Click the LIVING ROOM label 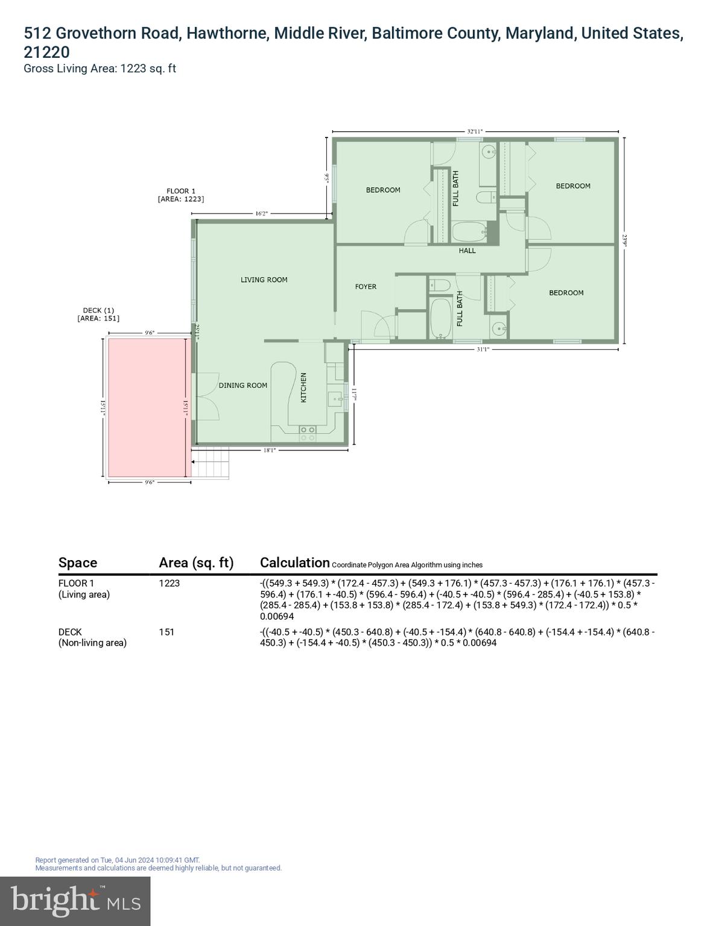tap(264, 280)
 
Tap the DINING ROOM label tap(242, 385)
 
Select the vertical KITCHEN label tap(303, 388)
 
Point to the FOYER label tap(366, 287)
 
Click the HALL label tap(467, 251)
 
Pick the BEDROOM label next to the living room tap(383, 190)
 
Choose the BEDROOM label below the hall tap(566, 293)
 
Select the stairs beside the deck tap(211, 463)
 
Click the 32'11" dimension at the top tap(475, 131)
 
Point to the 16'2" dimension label tap(261, 213)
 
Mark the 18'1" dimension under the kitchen tap(270, 450)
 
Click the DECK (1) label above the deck tap(98, 310)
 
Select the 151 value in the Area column tap(166, 632)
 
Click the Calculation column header tap(294, 562)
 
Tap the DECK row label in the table tap(70, 632)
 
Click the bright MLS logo tap(75, 901)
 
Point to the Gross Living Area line tap(100, 68)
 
